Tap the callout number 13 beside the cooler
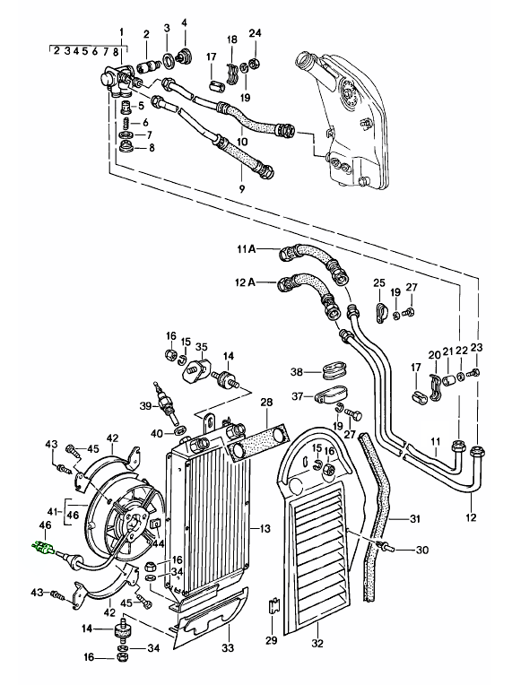tap(266, 530)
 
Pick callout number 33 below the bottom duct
tap(227, 648)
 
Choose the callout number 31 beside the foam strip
tap(415, 518)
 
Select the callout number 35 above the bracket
tap(201, 347)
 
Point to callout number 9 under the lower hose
tap(241, 188)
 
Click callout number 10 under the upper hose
tap(243, 142)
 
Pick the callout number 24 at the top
tap(255, 35)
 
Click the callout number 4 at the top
tap(184, 22)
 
